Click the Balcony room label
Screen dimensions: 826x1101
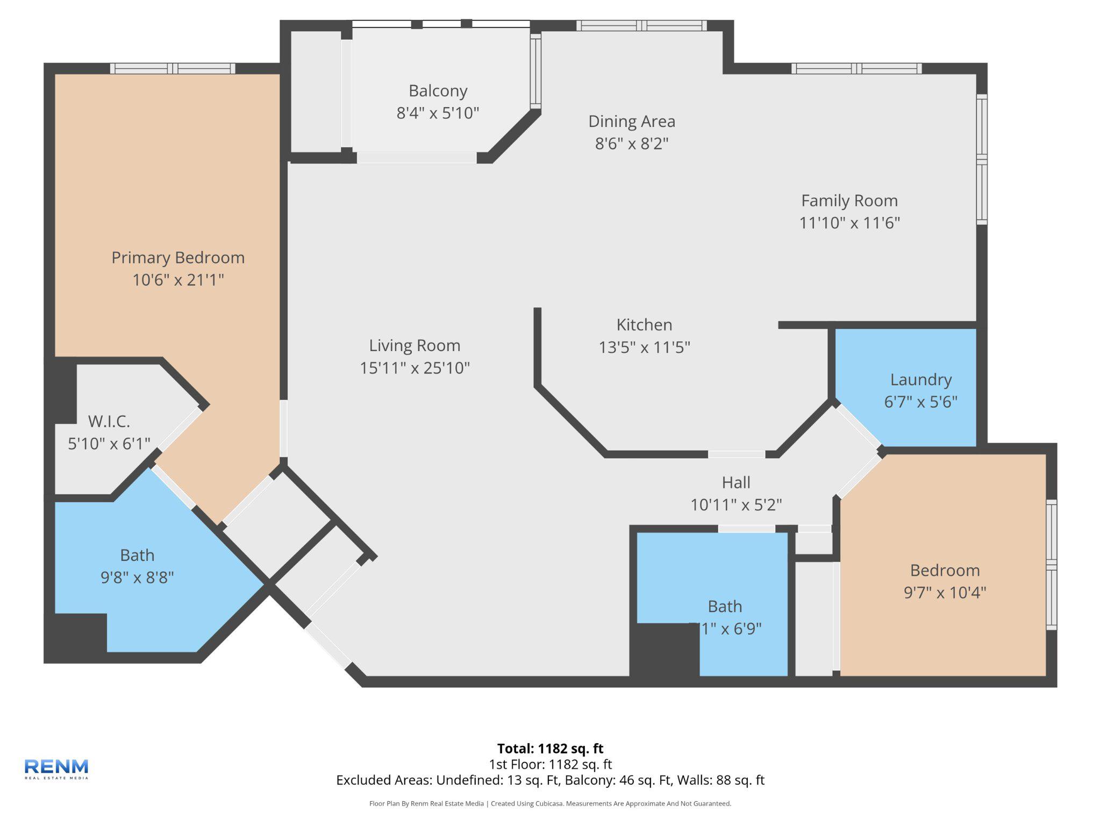438,91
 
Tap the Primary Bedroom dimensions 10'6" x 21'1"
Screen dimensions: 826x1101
178,280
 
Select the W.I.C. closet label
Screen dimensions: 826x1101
109,421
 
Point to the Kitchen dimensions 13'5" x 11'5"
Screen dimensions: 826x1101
644,347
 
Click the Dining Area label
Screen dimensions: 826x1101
631,122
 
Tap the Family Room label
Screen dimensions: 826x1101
849,201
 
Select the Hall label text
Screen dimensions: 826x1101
735,482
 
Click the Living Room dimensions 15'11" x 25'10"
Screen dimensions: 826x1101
414,368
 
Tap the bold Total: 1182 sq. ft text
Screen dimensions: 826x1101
550,749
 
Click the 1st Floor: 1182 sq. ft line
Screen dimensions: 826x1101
550,764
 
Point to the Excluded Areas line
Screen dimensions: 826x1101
550,780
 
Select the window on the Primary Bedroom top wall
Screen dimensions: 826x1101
173,68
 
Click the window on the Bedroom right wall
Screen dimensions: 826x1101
1051,564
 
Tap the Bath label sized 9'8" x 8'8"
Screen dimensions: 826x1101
137,555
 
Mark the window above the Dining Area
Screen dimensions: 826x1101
641,26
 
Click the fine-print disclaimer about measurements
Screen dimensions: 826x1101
550,803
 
